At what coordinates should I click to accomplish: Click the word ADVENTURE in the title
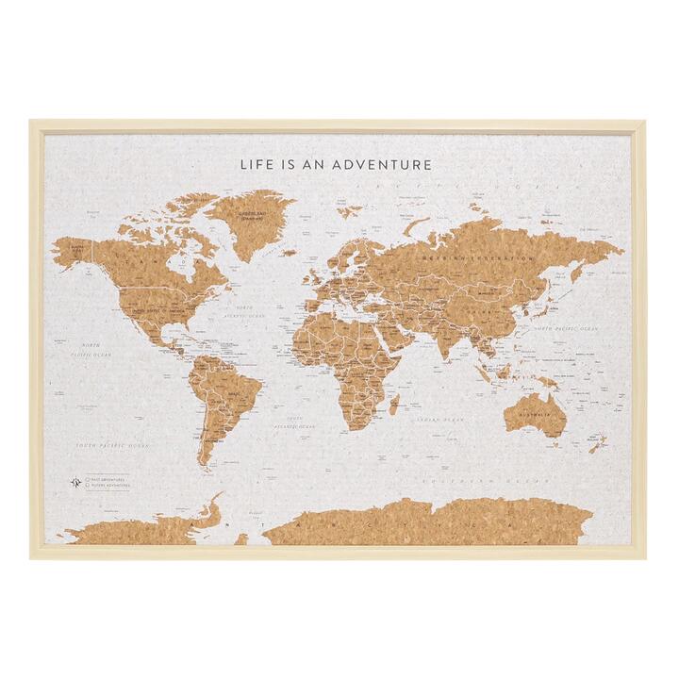(x=382, y=164)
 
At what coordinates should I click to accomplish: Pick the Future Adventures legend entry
(x=105, y=488)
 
